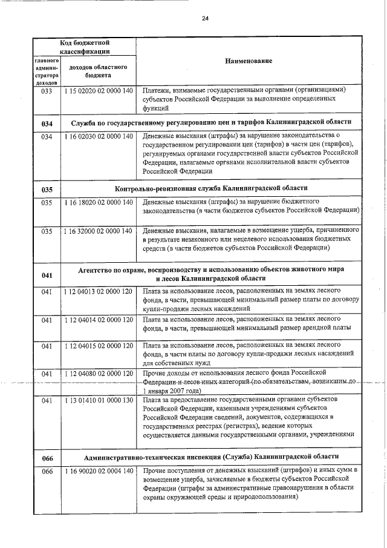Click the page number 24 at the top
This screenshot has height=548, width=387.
point(205,18)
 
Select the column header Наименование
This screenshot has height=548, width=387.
point(249,62)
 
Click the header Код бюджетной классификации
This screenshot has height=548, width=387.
point(84,47)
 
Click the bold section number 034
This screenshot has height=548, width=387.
point(47,124)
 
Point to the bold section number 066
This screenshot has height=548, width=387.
point(47,458)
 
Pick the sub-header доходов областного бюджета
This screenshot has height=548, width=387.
point(97,71)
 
